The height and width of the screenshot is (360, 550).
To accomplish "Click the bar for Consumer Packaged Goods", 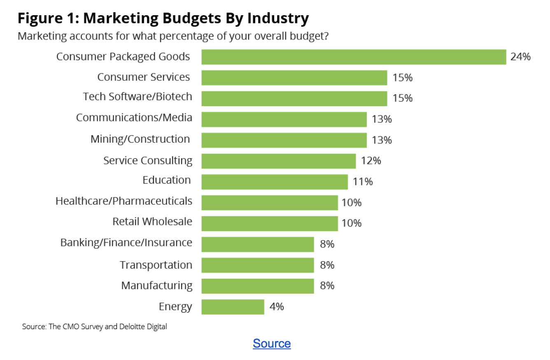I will coord(353,57).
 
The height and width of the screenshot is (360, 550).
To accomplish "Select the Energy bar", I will coord(233,307).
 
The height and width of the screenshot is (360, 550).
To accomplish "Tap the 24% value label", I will coord(520,57).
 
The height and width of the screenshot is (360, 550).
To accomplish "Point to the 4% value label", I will coord(276,307).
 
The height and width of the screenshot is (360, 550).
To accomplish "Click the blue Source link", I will coord(272,344).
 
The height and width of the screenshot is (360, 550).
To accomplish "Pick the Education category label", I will coord(167,180).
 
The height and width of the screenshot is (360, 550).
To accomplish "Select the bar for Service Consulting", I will coord(278,161).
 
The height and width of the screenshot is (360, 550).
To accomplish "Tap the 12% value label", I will coord(371,161).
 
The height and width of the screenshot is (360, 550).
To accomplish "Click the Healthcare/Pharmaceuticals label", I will coord(124,201).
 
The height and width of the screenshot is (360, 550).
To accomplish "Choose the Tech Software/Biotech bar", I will coord(294,98).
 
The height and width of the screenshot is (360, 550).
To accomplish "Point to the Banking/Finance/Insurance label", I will coord(126,243).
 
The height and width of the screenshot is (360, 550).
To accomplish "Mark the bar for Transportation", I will coord(257,265).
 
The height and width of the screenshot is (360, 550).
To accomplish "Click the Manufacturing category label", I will coord(156,285).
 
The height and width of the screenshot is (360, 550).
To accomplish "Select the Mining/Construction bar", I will coord(284,140).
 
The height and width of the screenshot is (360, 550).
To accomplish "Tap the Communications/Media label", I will coord(134,117).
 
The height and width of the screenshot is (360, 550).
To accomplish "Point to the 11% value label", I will coord(363,182).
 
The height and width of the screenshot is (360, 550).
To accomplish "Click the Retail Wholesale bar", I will coord(269,224).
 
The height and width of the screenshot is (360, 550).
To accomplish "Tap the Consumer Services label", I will coord(143,77).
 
